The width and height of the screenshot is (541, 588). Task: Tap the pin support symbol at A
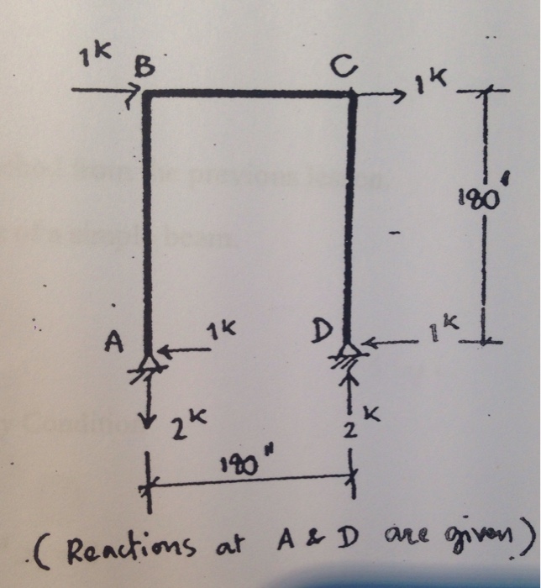click(x=150, y=363)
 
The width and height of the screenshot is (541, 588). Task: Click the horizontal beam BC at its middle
click(x=249, y=94)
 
